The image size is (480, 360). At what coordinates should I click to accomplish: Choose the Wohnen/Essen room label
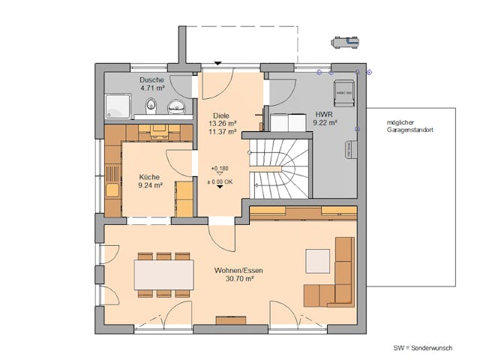point(238,269)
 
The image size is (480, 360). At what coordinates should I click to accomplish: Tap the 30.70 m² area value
point(238,278)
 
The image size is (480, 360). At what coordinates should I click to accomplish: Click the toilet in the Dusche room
point(151,105)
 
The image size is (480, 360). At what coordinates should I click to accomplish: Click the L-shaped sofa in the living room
point(337,281)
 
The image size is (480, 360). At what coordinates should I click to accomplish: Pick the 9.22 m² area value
point(325,121)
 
